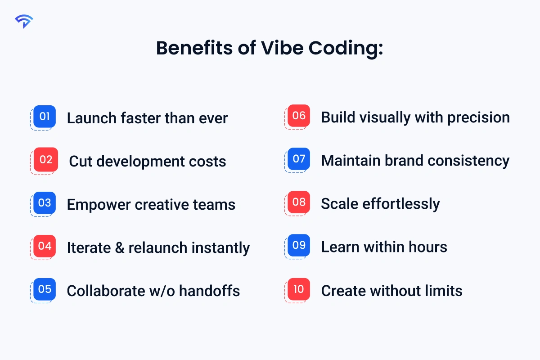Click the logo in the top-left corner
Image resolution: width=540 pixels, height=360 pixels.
click(x=24, y=21)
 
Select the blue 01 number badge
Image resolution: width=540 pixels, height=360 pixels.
click(x=45, y=117)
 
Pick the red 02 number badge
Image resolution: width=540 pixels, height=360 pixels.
click(x=46, y=160)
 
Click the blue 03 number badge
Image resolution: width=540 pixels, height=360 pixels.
click(x=45, y=203)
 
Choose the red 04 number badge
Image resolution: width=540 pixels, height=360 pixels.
click(x=45, y=246)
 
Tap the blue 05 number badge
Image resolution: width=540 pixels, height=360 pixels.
click(x=45, y=289)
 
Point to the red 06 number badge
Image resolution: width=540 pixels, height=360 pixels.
click(x=299, y=116)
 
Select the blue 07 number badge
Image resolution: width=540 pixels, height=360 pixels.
click(x=299, y=159)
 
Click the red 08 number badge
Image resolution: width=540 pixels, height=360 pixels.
click(x=299, y=202)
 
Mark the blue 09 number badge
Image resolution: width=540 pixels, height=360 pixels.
click(x=299, y=245)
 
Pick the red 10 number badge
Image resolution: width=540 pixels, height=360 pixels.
click(x=299, y=289)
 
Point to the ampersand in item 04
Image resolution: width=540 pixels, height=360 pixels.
click(x=119, y=248)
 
